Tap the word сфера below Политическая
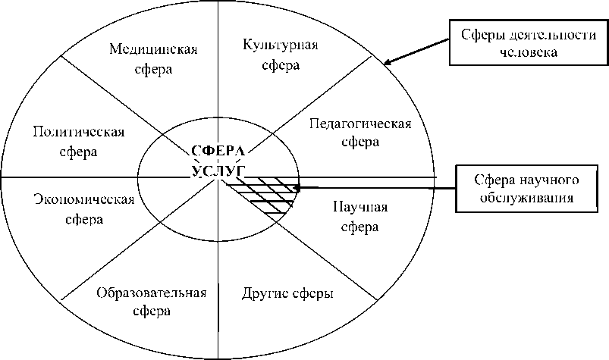pos(79,151)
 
